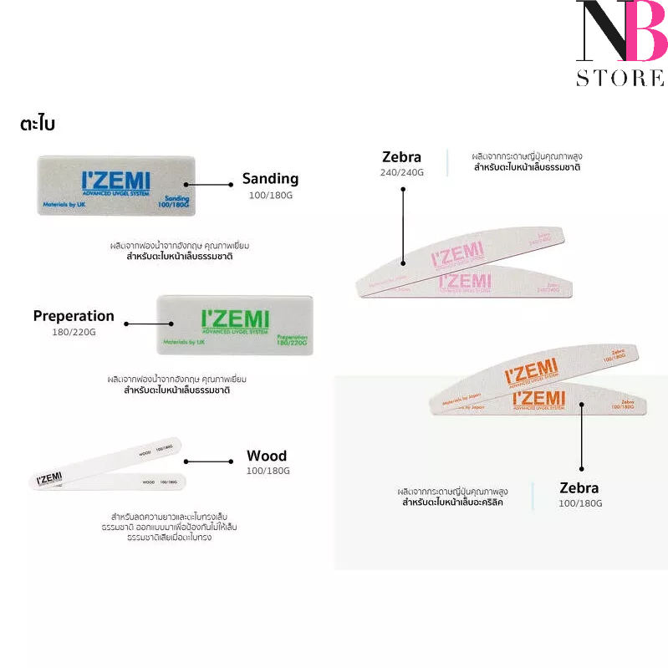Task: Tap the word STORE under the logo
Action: click(x=620, y=79)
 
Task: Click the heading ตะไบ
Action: click(x=38, y=124)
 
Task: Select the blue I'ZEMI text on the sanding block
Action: click(x=115, y=181)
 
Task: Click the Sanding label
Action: click(x=270, y=179)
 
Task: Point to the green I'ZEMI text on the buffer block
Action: click(x=236, y=320)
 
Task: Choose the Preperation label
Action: click(x=74, y=316)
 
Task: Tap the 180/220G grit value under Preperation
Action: click(x=74, y=332)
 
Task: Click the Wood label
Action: click(x=267, y=456)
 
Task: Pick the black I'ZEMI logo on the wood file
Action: click(x=49, y=479)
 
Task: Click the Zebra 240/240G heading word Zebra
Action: click(x=401, y=156)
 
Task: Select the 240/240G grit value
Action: click(x=402, y=172)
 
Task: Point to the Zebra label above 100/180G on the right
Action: click(x=579, y=487)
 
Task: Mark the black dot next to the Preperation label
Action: click(x=127, y=322)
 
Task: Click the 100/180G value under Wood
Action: click(x=268, y=472)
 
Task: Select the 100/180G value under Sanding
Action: click(x=270, y=195)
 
